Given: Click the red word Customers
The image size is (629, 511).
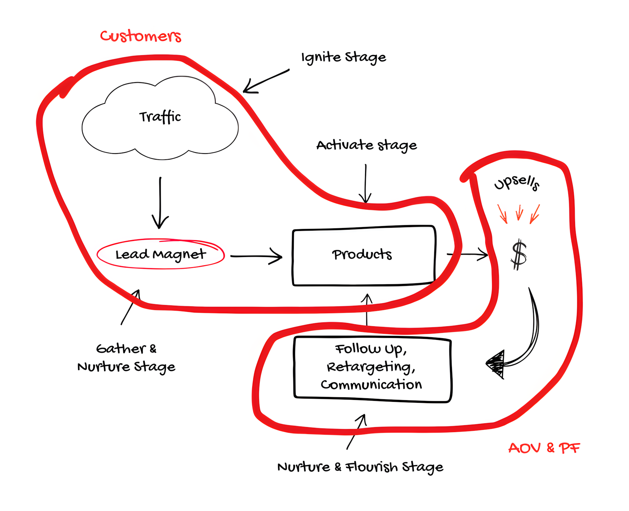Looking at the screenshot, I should click(x=140, y=36).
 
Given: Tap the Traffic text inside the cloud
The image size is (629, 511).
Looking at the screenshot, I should click(x=160, y=117).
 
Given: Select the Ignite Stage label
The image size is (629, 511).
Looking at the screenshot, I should click(x=343, y=57).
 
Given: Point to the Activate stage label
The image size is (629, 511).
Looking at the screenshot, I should click(x=366, y=145).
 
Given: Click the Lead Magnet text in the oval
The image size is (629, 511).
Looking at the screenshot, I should click(x=160, y=254).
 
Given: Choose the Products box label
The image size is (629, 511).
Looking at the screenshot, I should click(x=362, y=254).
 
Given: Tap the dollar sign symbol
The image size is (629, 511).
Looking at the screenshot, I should click(x=519, y=255).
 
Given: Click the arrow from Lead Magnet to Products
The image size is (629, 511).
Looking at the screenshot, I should click(x=256, y=256).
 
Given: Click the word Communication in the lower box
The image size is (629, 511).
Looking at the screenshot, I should click(x=371, y=384).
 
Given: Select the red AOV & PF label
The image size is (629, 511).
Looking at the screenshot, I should click(x=544, y=448).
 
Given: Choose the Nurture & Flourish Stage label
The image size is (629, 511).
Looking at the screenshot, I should click(x=360, y=467).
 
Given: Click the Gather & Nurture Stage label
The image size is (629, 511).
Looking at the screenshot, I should click(x=126, y=357).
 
